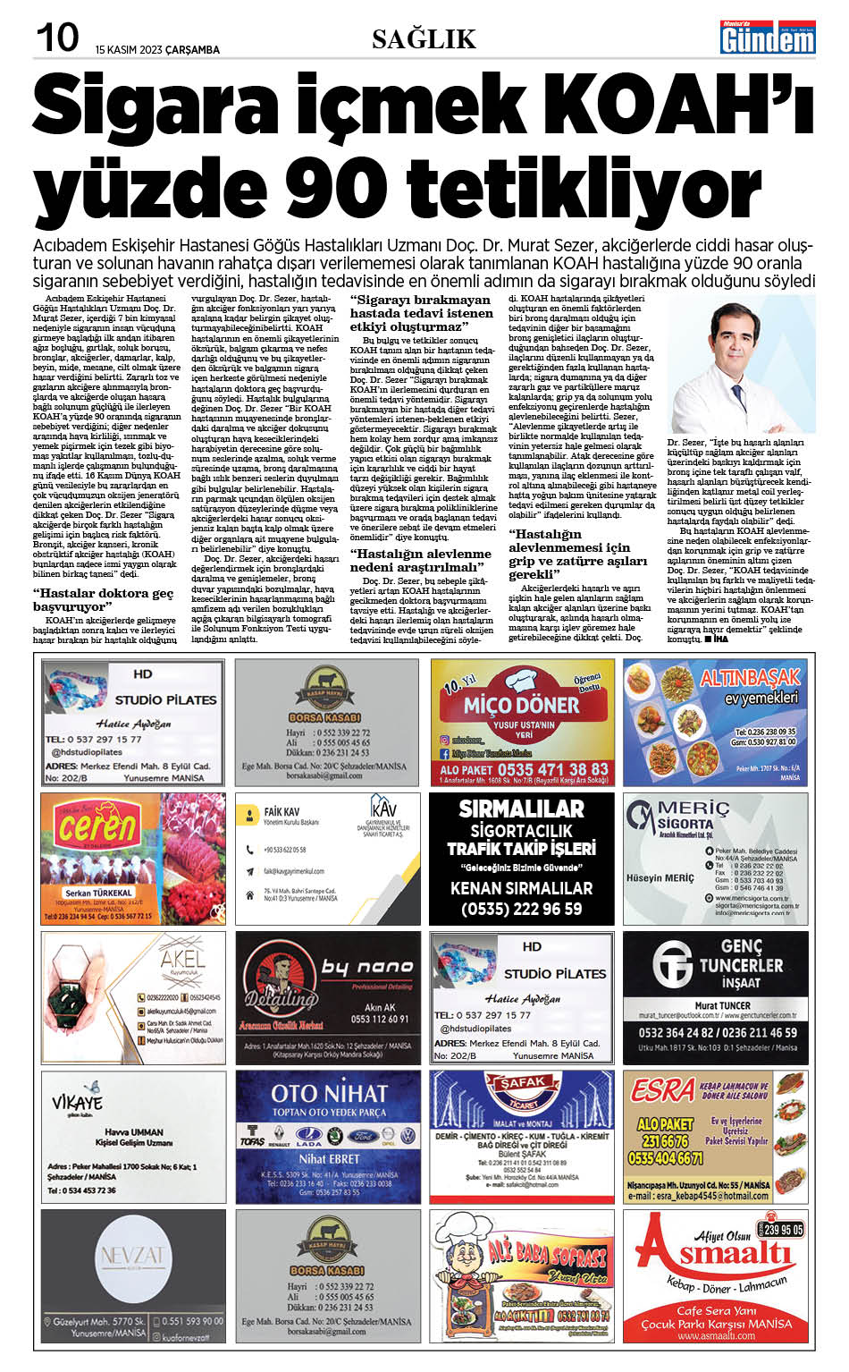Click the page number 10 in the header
[x=56, y=38]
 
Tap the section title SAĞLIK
[x=424, y=38]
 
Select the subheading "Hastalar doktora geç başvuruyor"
[x=103, y=599]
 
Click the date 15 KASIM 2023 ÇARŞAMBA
[x=157, y=50]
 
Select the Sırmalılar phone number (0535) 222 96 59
[x=522, y=909]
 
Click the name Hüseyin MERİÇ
[x=660, y=878]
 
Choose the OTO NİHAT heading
[x=329, y=1093]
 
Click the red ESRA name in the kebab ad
[x=661, y=1089]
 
